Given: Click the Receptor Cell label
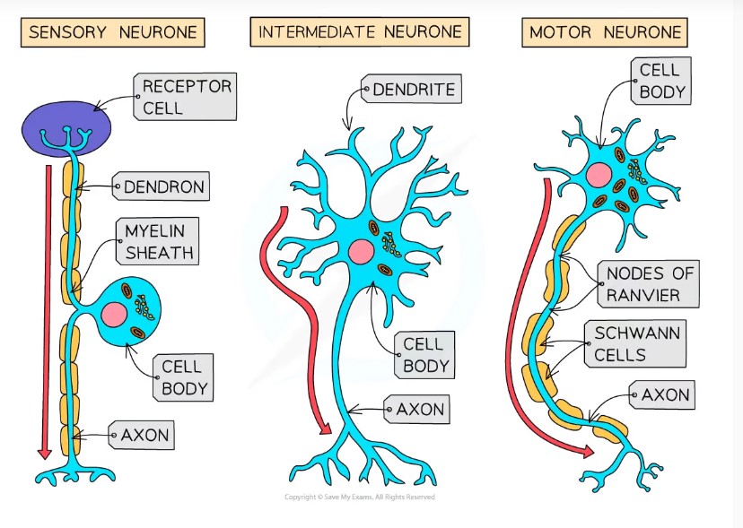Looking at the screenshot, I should (187, 97).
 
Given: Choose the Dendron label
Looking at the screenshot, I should (164, 187).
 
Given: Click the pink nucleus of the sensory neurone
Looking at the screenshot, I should (115, 314).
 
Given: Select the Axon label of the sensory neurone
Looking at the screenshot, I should (144, 437).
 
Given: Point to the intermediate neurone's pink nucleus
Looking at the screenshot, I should (362, 253).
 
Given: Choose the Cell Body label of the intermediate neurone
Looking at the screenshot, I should (424, 356).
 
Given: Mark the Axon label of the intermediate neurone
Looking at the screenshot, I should (420, 410).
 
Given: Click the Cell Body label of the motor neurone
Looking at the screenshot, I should (662, 81).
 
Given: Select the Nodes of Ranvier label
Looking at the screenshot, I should (650, 284).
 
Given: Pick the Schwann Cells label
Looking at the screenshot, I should (638, 344).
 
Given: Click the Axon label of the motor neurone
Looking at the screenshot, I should (665, 394).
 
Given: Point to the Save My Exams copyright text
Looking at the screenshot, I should (360, 498).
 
